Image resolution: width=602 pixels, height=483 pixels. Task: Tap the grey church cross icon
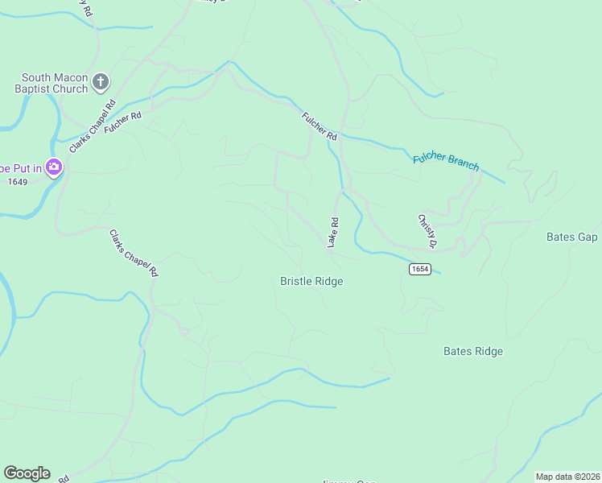coord(101,80)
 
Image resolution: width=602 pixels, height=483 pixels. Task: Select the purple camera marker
coord(54,167)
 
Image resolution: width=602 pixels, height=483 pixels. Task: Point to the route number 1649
coord(18,182)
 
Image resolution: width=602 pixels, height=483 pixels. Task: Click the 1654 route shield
coord(419,268)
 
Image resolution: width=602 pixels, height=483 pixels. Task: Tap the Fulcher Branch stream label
coord(446,161)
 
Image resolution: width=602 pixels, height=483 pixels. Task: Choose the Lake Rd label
coord(332,233)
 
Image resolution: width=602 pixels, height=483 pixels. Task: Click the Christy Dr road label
coord(427,231)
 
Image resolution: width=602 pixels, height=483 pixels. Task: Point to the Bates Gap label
coord(571,237)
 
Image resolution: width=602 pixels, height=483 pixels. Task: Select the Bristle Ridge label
coord(311,281)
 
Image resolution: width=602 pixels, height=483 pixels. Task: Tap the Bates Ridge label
coord(473,351)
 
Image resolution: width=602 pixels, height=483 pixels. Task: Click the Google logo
coord(27,473)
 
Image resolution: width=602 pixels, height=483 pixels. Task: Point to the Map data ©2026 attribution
coord(567,477)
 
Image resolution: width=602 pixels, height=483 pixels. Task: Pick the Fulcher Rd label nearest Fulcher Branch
coord(320,126)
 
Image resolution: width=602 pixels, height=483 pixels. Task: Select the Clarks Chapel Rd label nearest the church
coord(93,126)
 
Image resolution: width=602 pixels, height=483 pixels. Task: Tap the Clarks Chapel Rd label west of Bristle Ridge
coord(133,253)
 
